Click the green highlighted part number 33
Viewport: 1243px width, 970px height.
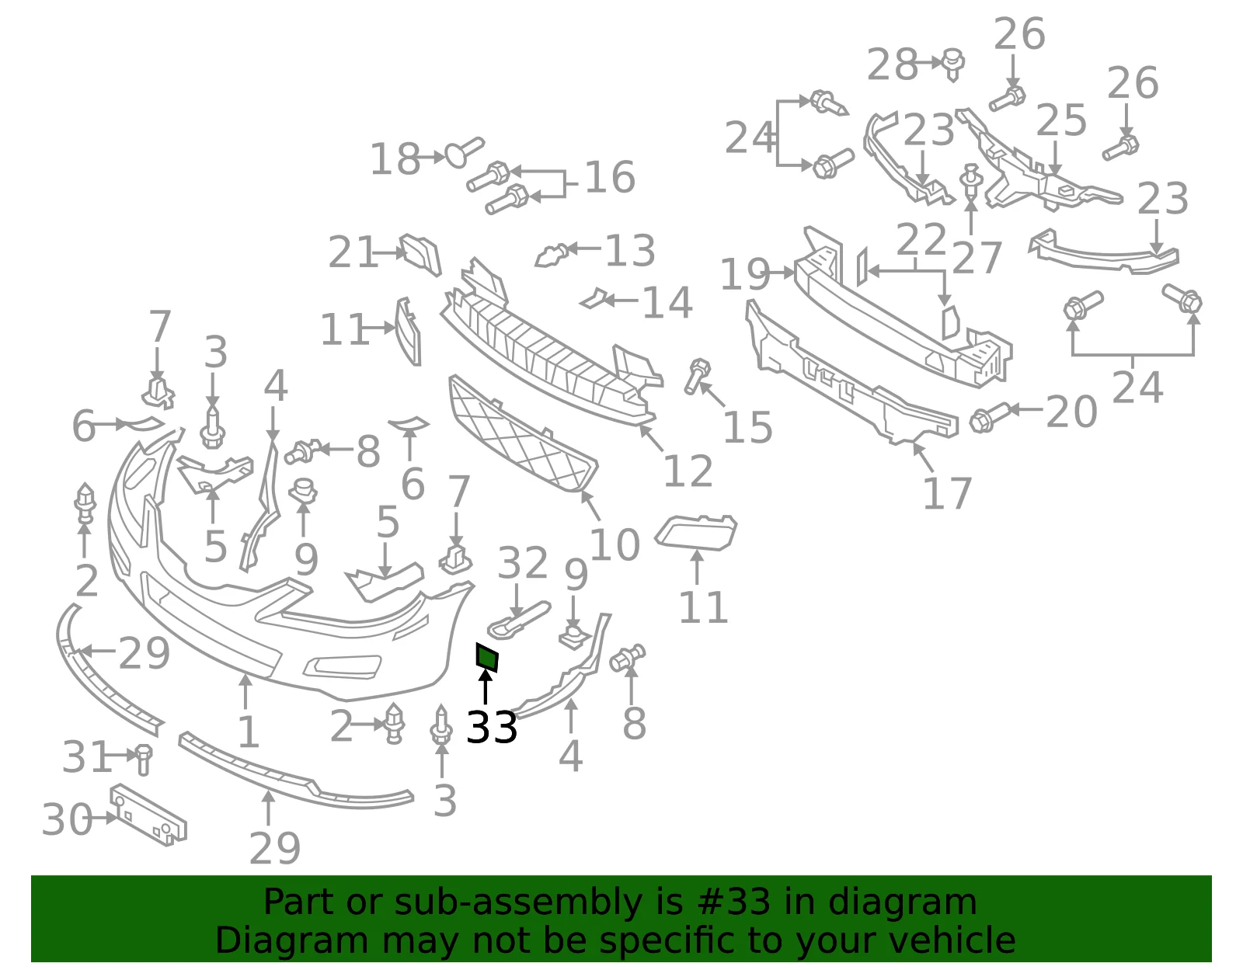(487, 657)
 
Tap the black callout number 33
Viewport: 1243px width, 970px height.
(492, 728)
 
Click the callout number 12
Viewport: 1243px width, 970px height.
(688, 471)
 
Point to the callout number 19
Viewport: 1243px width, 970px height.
(745, 274)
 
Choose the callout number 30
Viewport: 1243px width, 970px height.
(67, 819)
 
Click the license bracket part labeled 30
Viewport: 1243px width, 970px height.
(148, 815)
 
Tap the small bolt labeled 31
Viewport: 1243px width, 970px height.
(143, 760)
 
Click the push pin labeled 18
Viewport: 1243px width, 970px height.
(464, 151)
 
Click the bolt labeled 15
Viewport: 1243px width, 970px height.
(698, 376)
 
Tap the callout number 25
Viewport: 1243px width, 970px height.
(1061, 120)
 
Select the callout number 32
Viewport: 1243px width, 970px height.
(523, 562)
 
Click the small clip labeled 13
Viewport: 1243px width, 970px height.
(552, 255)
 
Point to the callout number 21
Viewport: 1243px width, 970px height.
(353, 252)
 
